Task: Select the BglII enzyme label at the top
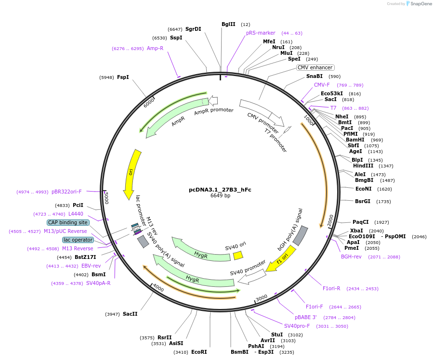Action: (228, 24)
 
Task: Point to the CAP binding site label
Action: (68, 222)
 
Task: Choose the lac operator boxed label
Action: (78, 240)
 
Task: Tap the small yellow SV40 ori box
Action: (238, 256)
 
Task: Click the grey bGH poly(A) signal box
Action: (300, 236)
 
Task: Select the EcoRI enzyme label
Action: (199, 352)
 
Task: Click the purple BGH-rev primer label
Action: (351, 257)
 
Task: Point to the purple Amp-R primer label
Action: (155, 48)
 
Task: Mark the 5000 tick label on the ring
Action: (106, 197)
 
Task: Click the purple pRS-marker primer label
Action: (261, 33)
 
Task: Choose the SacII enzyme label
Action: (130, 314)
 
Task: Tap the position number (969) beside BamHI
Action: (377, 140)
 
